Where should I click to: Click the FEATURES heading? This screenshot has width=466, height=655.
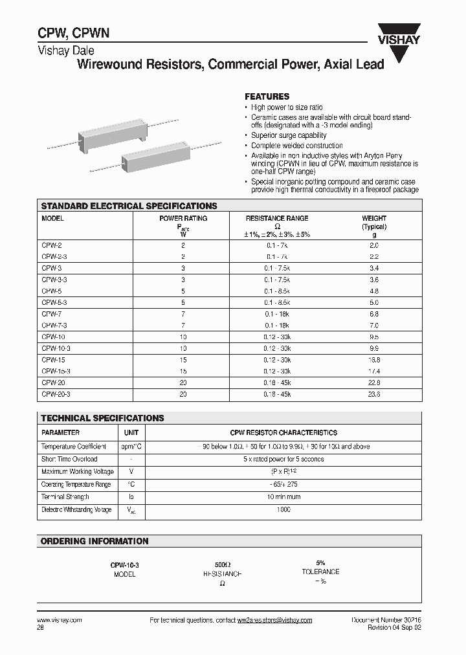click(x=267, y=96)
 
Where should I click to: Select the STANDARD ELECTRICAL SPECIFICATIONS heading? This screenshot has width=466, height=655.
click(x=129, y=206)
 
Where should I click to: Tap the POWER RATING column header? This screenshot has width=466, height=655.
click(x=183, y=219)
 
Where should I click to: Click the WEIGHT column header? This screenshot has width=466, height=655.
click(x=374, y=219)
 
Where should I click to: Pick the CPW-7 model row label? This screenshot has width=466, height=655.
click(x=51, y=314)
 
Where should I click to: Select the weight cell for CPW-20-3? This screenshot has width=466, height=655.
click(x=374, y=394)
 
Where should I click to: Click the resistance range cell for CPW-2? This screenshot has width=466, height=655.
click(x=277, y=245)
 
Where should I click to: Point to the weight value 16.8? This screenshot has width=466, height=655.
click(x=374, y=360)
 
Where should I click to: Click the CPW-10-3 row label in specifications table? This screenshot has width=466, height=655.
click(x=56, y=348)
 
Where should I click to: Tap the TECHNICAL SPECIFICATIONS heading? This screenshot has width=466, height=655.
click(x=102, y=418)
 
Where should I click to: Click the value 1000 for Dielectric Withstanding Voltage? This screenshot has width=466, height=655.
click(x=283, y=509)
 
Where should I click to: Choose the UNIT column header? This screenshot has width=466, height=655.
click(x=131, y=432)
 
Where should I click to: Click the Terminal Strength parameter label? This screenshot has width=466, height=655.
click(x=65, y=497)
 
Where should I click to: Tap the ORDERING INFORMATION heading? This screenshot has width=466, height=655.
click(x=94, y=541)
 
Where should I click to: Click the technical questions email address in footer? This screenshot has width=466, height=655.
click(x=274, y=620)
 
